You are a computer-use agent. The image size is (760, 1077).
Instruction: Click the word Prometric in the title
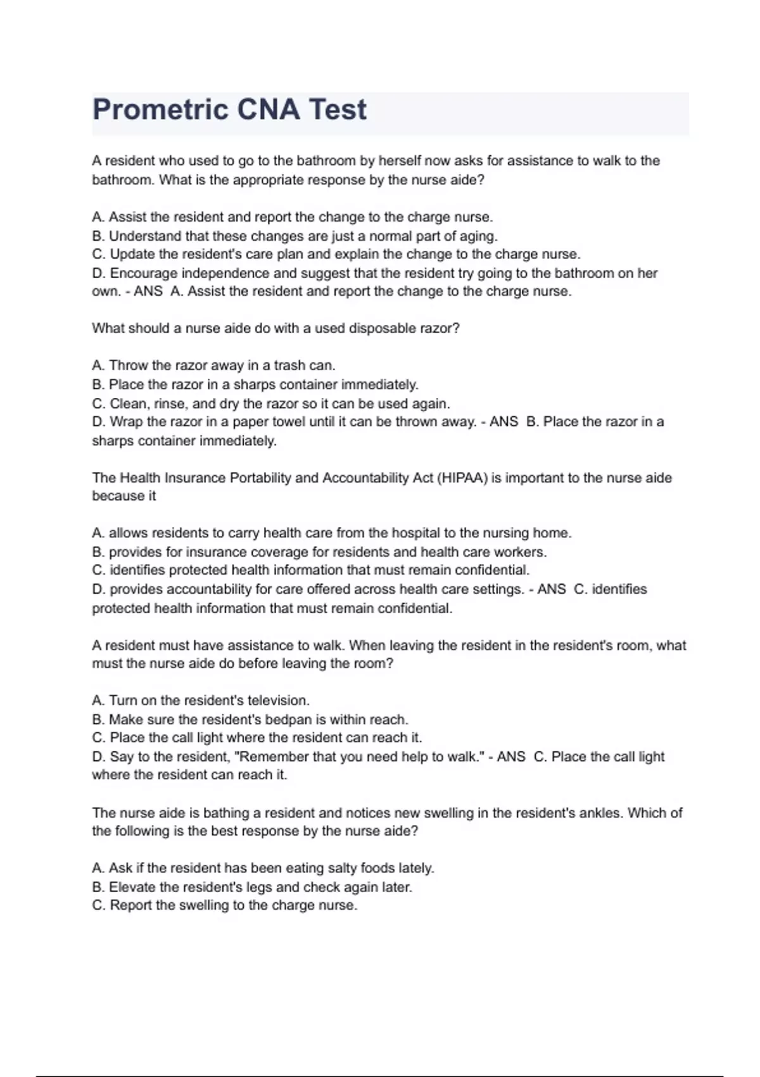point(160,110)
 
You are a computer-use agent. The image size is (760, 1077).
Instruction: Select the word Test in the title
point(337,110)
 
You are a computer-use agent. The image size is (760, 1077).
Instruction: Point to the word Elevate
point(132,887)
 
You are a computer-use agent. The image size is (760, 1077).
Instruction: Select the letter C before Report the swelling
point(98,905)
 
